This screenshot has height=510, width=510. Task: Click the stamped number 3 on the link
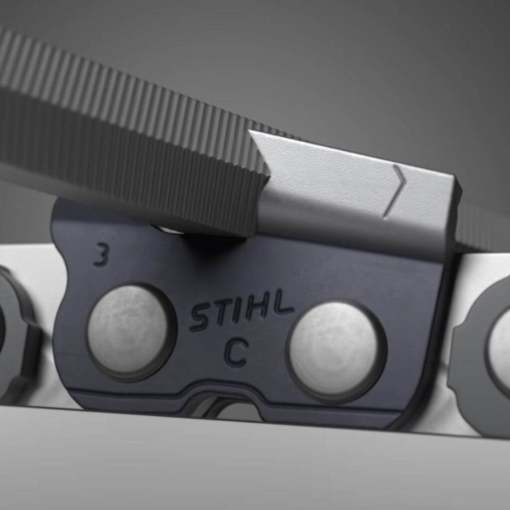(101, 255)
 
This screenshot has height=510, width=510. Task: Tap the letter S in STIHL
(200, 318)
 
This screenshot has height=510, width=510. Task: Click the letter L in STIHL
(282, 301)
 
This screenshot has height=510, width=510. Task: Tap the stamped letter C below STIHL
(237, 352)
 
